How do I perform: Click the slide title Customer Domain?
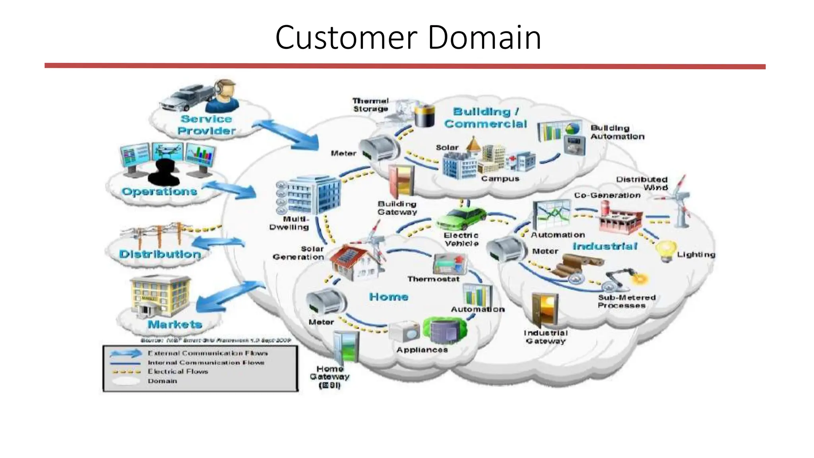coord(408,37)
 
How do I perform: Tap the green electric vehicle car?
coord(461,218)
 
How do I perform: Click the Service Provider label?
coord(206,125)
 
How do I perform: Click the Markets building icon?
coord(160,296)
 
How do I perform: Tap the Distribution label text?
coord(160,254)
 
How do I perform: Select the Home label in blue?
coord(388,297)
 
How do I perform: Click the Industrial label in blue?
coord(605,246)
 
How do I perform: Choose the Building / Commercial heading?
coord(486,118)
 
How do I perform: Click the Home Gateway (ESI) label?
coord(329,376)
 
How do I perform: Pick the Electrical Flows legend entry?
coord(178,371)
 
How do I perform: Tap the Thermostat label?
coord(433,279)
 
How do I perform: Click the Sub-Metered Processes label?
coord(626,301)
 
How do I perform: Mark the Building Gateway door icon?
coord(401,181)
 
